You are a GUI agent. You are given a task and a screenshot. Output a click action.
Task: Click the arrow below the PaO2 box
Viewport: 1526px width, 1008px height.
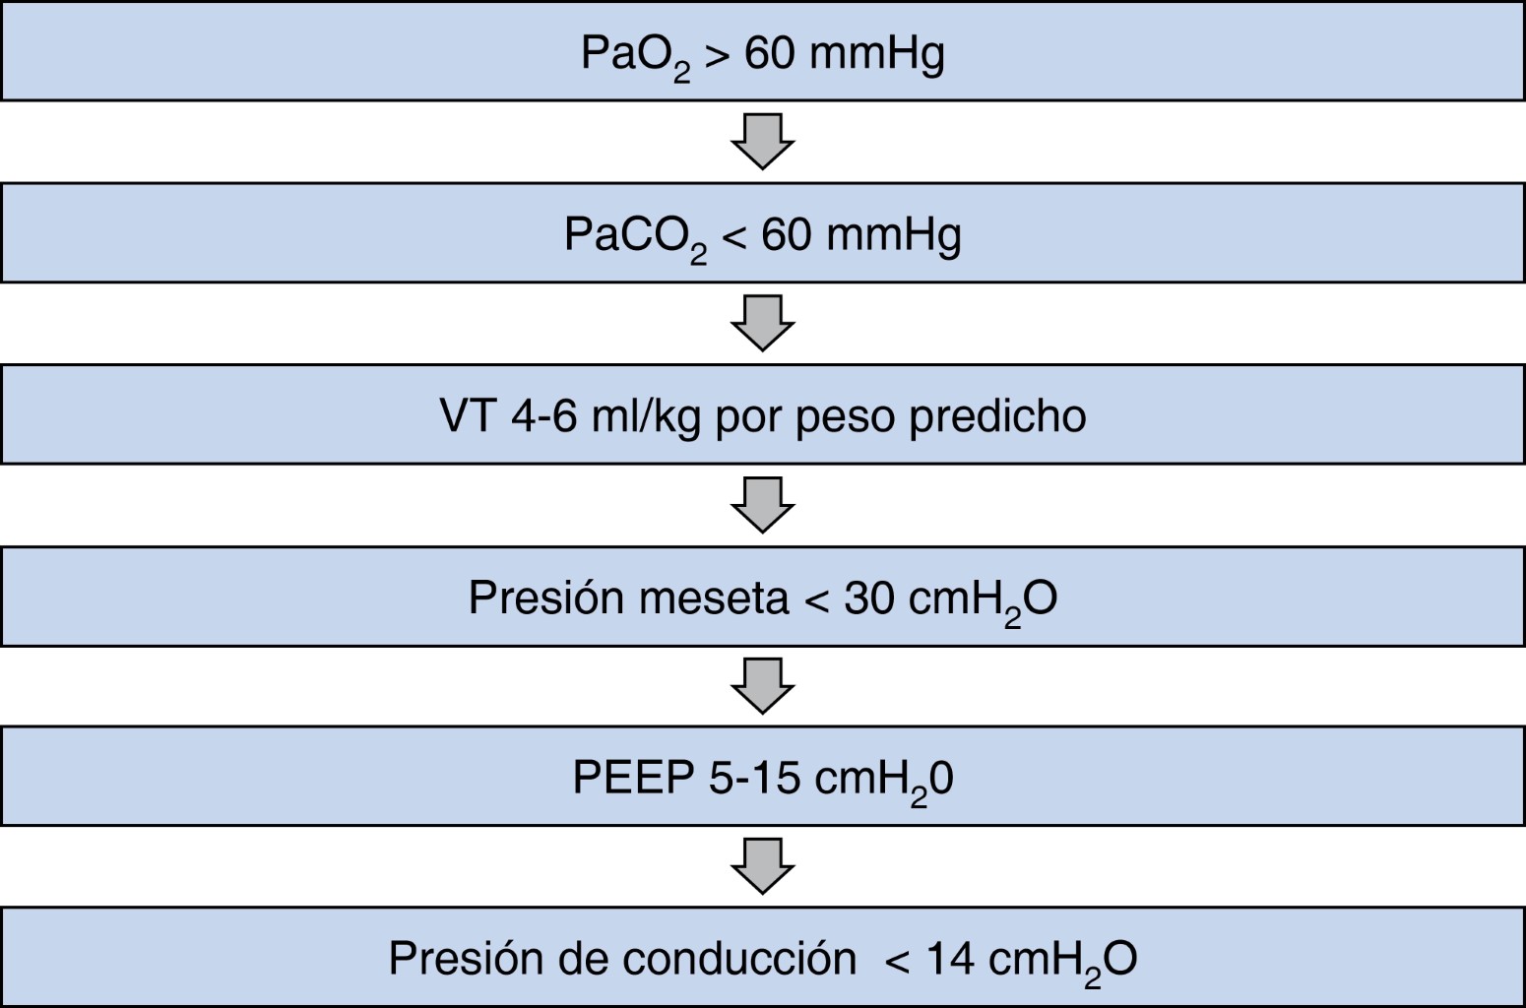pyautogui.click(x=762, y=141)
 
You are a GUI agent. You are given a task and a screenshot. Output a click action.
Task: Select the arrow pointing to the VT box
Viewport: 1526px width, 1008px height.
pyautogui.click(x=762, y=322)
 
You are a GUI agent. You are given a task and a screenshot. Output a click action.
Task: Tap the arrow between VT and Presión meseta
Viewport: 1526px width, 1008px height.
pyautogui.click(x=762, y=504)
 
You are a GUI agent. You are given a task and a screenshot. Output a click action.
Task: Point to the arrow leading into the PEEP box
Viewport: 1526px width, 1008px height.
pyautogui.click(x=762, y=685)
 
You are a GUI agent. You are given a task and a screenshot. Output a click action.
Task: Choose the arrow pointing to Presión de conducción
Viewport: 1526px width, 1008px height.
pyautogui.click(x=762, y=865)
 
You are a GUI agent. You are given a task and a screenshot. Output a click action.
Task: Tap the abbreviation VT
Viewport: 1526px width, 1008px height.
pyautogui.click(x=468, y=416)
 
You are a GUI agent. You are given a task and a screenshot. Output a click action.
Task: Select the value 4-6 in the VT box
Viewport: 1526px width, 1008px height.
pyautogui.click(x=543, y=416)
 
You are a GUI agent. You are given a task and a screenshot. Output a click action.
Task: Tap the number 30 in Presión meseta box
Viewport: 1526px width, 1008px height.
pyautogui.click(x=869, y=598)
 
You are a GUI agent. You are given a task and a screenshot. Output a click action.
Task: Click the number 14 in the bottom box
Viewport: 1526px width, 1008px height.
pyautogui.click(x=950, y=959)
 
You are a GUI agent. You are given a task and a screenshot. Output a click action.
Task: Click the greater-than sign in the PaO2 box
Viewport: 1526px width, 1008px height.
pyautogui.click(x=717, y=55)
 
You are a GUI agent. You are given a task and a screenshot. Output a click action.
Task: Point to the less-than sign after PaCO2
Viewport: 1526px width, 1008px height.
pyautogui.click(x=733, y=237)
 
